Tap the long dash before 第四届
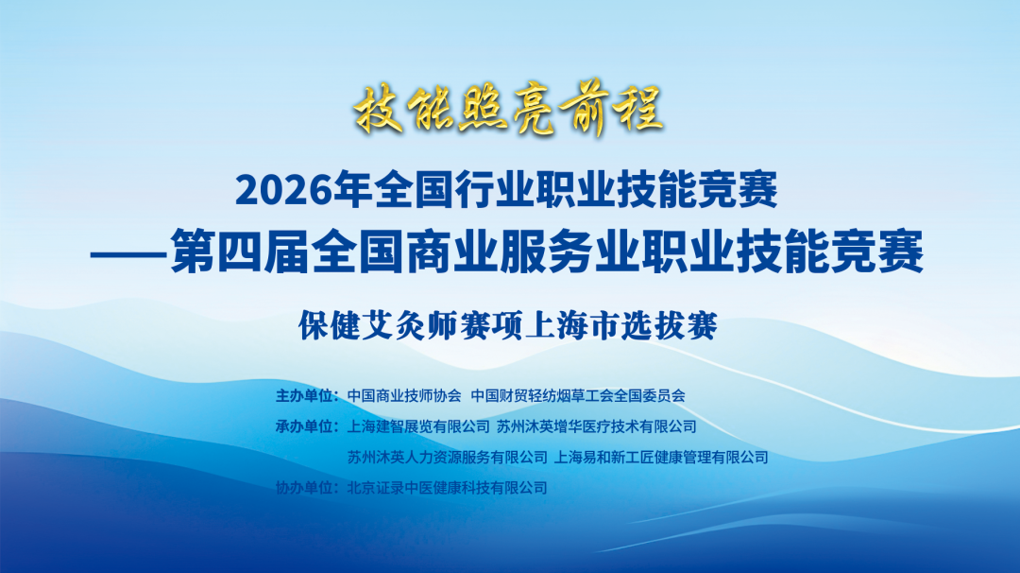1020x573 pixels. [129, 254]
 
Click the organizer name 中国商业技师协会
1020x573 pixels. [403, 395]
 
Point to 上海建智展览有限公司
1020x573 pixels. [418, 426]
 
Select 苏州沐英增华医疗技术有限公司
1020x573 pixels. [597, 426]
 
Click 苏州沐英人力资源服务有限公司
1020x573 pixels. [447, 458]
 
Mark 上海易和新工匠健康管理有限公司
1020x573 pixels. [662, 458]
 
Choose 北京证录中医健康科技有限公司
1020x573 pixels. [447, 488]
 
